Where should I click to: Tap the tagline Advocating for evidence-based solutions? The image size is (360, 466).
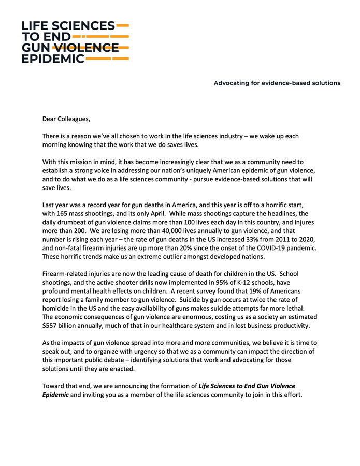click(x=277, y=83)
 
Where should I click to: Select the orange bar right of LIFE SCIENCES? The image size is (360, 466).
click(x=123, y=25)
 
